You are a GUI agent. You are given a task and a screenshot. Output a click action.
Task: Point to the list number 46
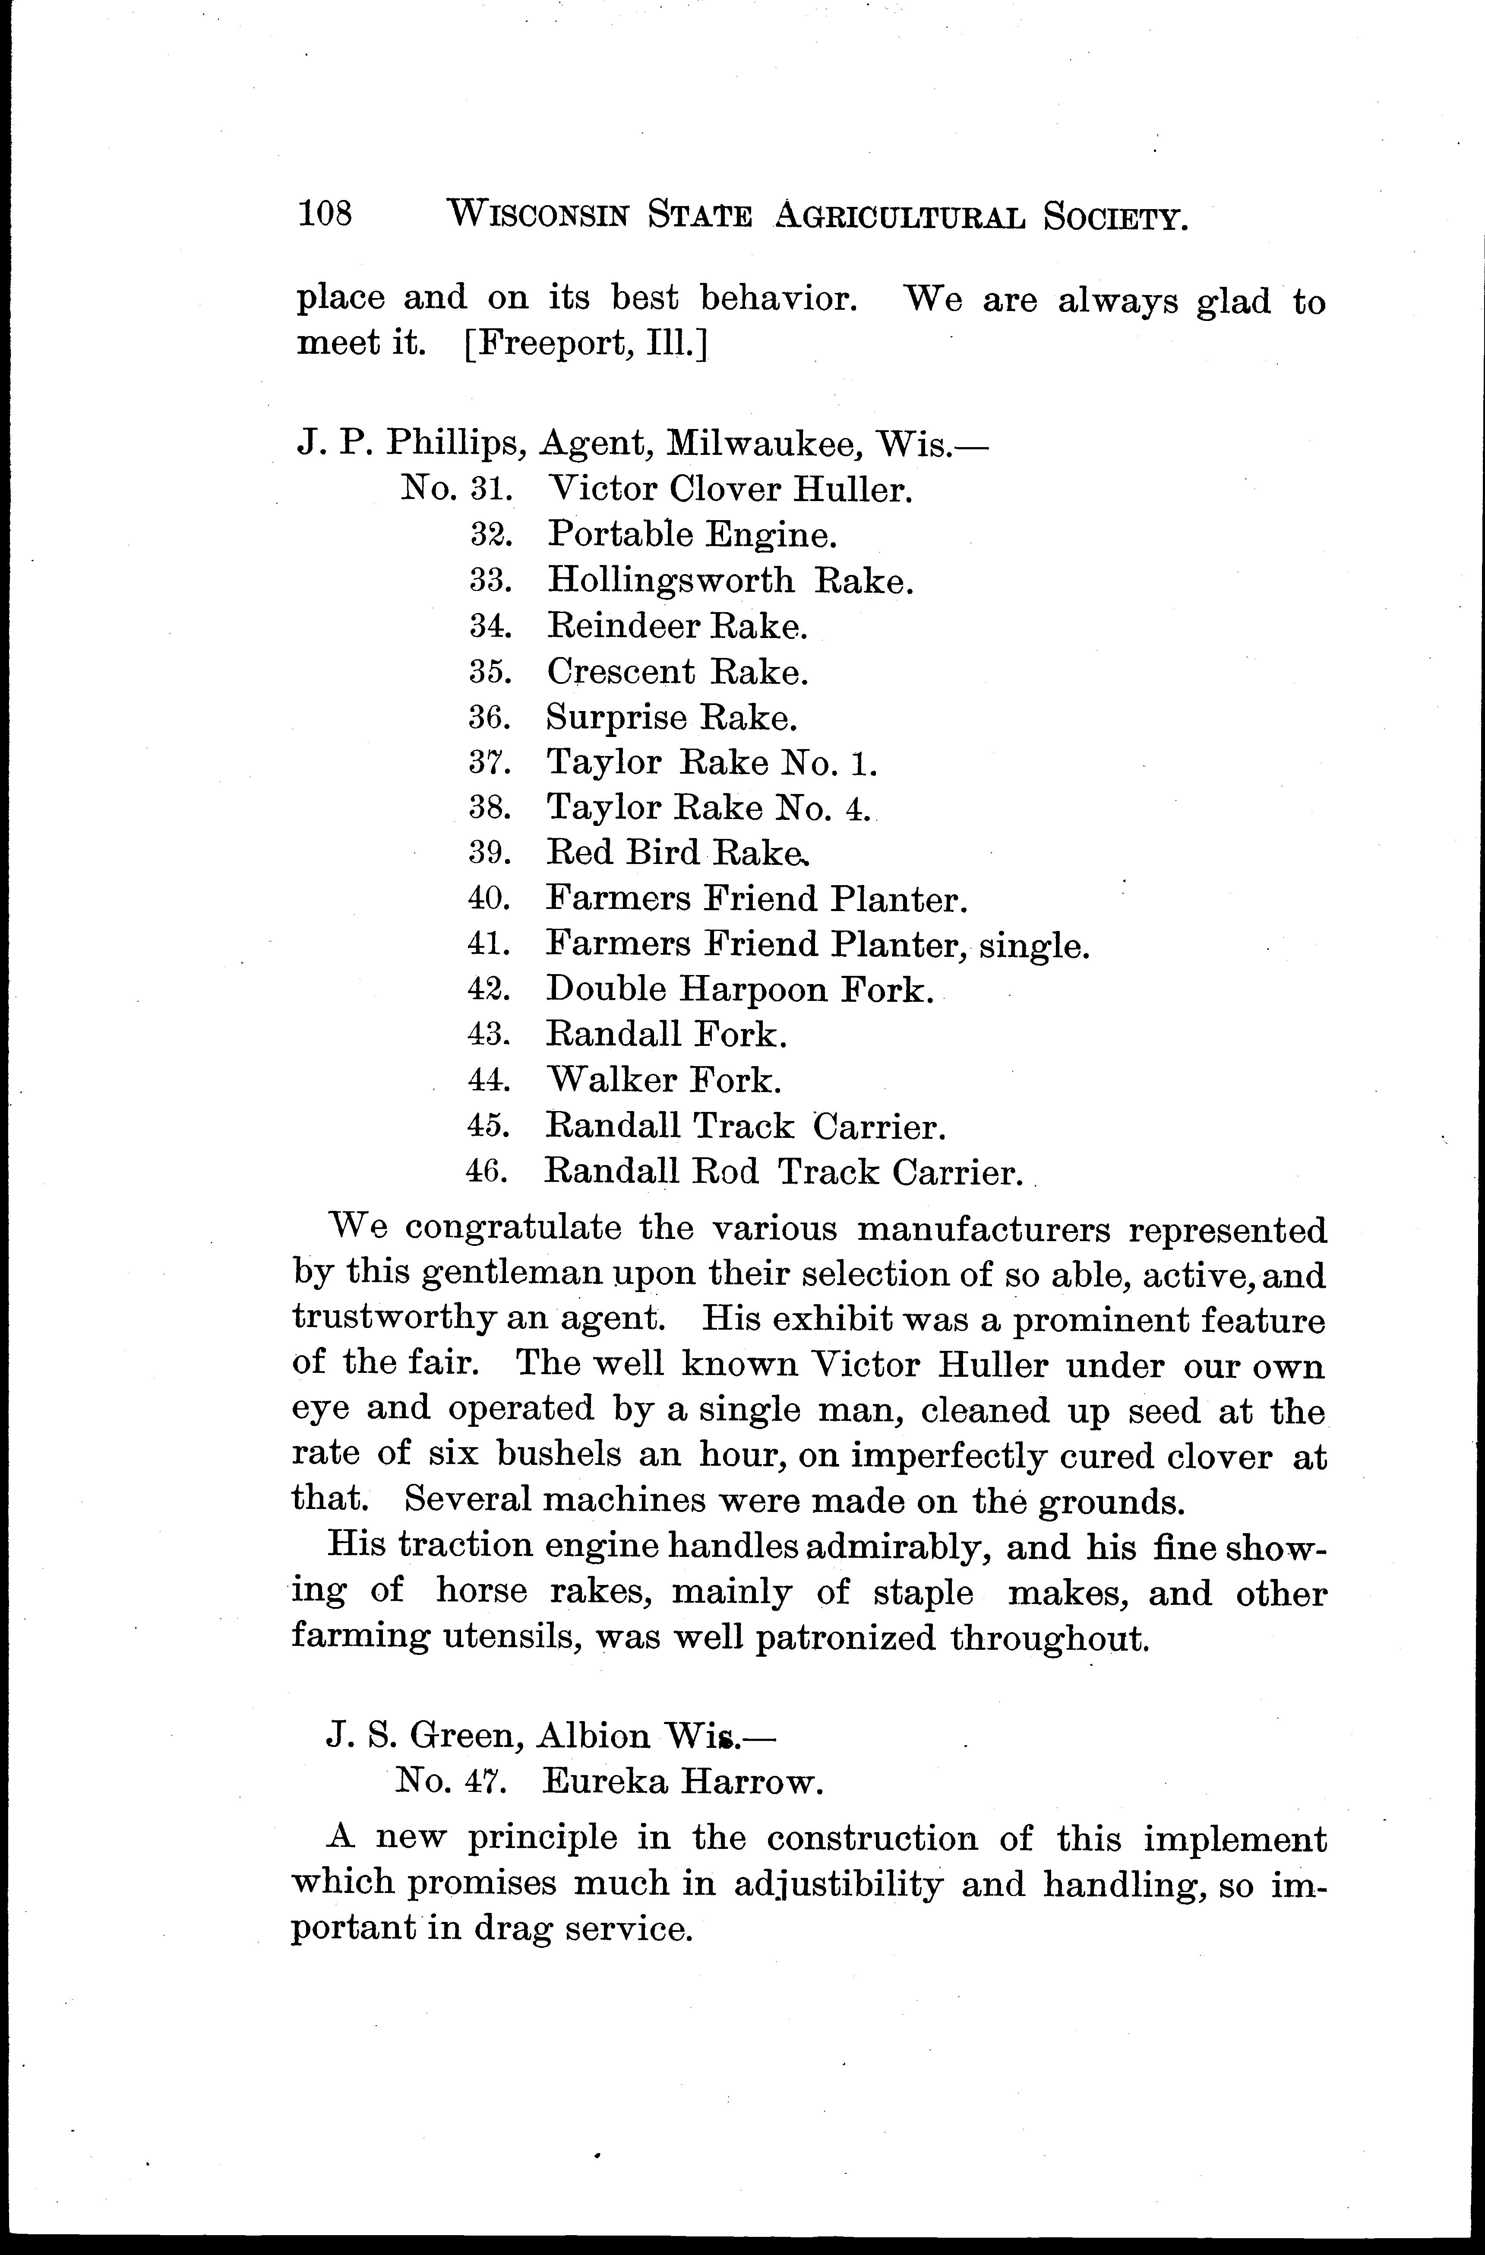click(x=489, y=1172)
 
